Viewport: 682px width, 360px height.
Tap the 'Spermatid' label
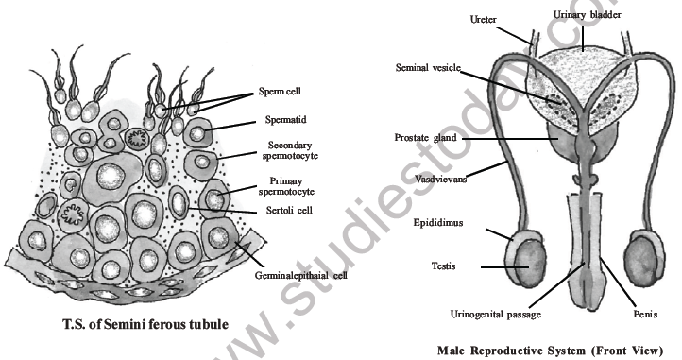pyautogui.click(x=274, y=123)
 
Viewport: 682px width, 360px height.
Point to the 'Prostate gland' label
pyautogui.click(x=426, y=138)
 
